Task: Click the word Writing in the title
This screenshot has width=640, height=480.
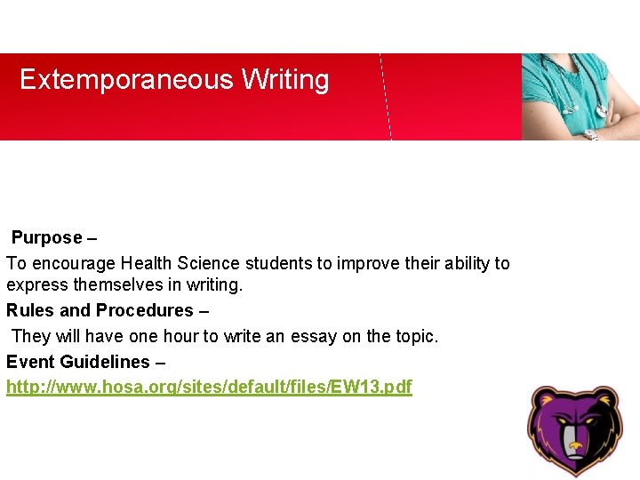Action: click(x=285, y=81)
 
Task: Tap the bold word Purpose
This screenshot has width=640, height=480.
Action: click(x=46, y=238)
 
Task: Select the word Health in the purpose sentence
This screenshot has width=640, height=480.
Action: click(x=147, y=263)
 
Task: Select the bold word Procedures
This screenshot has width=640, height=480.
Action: click(x=144, y=310)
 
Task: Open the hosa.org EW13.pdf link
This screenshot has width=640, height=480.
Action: click(x=209, y=388)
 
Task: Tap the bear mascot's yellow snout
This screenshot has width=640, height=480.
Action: click(x=576, y=444)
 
